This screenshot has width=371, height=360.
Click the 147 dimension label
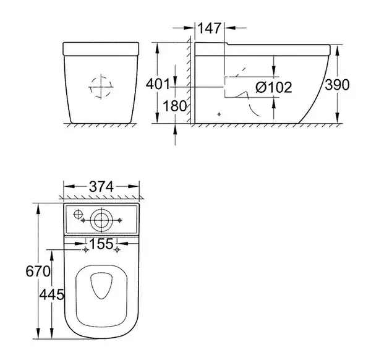(209, 28)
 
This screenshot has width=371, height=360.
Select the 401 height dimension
(158, 84)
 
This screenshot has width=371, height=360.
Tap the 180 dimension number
(174, 106)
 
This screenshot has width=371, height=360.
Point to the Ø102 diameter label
(274, 87)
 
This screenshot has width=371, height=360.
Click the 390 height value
(337, 85)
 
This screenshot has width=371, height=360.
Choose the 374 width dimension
(101, 187)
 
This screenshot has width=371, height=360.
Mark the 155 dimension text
(101, 244)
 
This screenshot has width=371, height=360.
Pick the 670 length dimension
(38, 271)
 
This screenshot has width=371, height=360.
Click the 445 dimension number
(51, 294)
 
